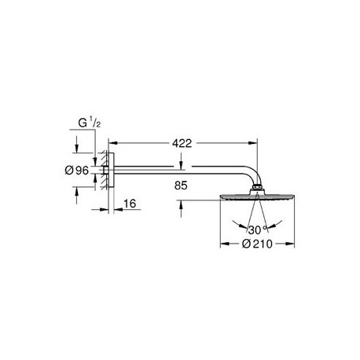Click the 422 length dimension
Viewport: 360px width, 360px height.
[182, 143]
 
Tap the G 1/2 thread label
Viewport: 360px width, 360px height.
[89, 123]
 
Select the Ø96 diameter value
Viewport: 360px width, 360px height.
[77, 171]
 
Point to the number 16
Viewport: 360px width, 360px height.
[130, 204]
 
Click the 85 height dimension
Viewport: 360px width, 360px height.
[181, 186]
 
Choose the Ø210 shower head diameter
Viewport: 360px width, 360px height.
[257, 244]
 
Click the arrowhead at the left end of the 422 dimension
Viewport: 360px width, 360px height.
[112, 143]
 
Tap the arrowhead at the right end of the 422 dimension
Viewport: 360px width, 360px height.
[254, 143]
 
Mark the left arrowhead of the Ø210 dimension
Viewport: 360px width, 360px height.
[224, 244]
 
